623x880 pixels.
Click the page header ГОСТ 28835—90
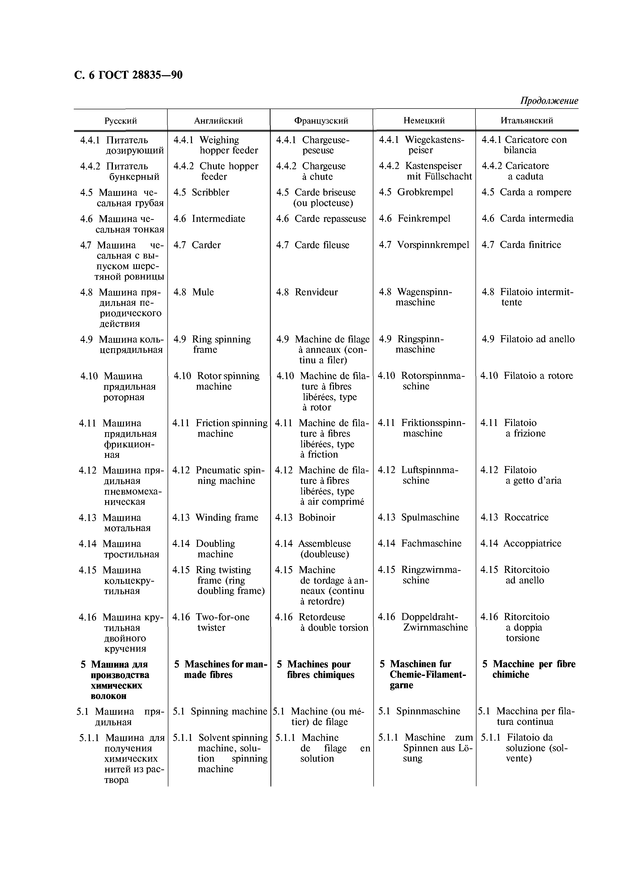click(x=128, y=75)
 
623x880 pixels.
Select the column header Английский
click(x=218, y=121)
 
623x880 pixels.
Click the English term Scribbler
click(x=210, y=192)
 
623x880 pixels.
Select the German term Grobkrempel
click(x=425, y=192)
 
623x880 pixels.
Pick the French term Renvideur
click(x=316, y=292)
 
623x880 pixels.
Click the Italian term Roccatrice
click(x=526, y=517)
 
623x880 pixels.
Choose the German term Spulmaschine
click(x=430, y=517)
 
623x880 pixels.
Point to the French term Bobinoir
click(x=317, y=518)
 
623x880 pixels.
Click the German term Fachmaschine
click(x=431, y=544)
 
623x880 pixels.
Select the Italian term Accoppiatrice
click(x=532, y=544)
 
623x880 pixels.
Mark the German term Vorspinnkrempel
click(x=433, y=245)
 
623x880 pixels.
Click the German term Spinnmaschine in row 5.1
click(x=428, y=711)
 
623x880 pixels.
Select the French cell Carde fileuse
click(x=322, y=245)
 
